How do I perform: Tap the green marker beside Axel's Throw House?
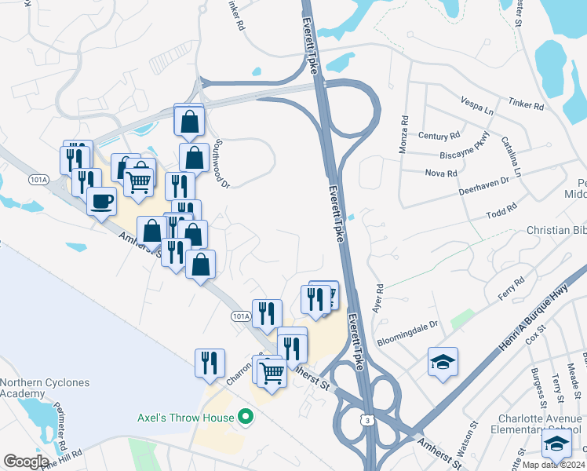(246, 417)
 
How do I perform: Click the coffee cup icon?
(101, 201)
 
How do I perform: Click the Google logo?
(26, 462)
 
